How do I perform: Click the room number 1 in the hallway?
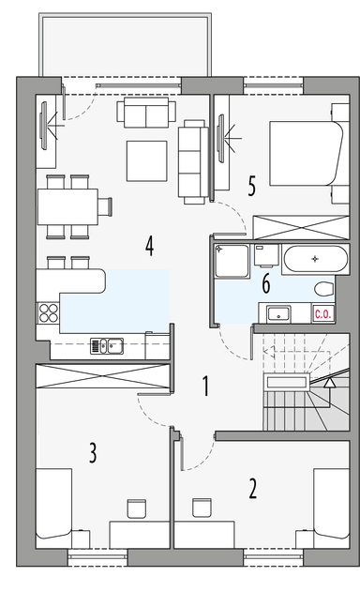(206, 384)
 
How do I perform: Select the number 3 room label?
(93, 454)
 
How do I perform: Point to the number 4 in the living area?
(149, 246)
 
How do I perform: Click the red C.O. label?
(323, 314)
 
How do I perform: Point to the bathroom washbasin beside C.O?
(277, 313)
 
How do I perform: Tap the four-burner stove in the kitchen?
(46, 313)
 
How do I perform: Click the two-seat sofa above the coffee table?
(145, 114)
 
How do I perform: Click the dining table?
(67, 205)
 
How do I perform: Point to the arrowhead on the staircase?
(329, 382)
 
